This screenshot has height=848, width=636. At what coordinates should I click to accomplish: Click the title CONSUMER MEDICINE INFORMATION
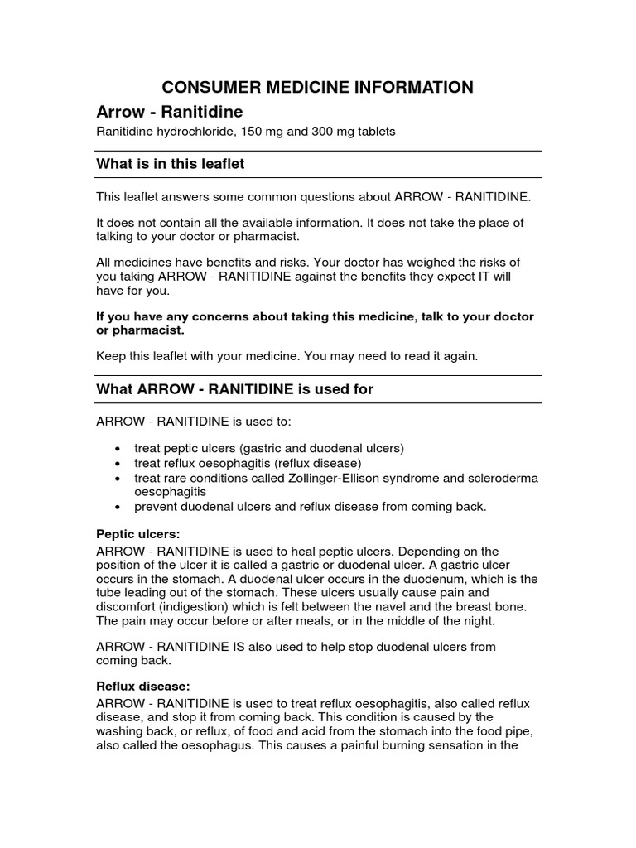(317, 87)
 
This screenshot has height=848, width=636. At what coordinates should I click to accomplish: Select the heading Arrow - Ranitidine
(169, 111)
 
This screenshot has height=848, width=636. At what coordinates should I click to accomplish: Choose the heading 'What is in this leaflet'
(171, 164)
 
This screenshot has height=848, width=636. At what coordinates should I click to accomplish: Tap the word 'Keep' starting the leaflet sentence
(111, 356)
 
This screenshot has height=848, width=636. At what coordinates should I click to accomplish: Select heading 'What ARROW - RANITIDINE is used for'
(235, 389)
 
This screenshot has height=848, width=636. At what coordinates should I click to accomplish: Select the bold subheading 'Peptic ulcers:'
(137, 536)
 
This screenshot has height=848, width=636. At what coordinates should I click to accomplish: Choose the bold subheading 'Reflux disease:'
(143, 687)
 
